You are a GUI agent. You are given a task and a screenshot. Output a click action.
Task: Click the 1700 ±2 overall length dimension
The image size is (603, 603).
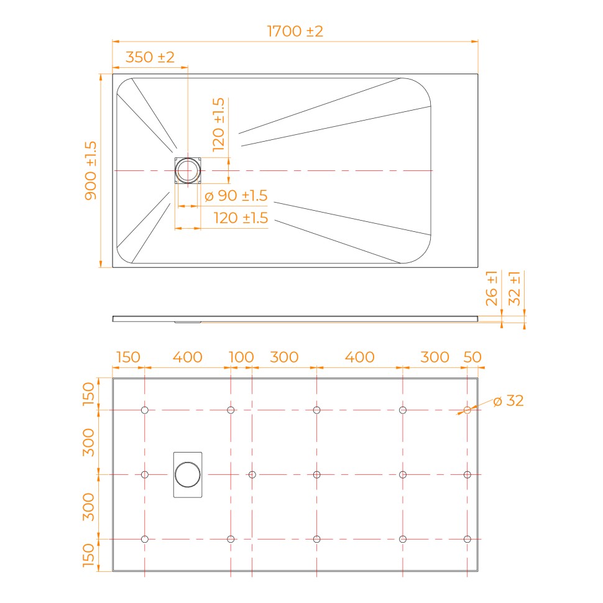[x=295, y=31]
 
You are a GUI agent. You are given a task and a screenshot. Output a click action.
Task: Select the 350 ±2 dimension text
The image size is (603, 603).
[x=150, y=57]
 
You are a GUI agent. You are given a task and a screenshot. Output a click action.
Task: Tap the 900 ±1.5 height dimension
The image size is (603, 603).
[x=91, y=170]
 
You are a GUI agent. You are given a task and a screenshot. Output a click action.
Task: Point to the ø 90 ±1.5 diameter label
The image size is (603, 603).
[x=236, y=196]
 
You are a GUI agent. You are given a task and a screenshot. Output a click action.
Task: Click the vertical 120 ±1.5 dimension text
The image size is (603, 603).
[x=218, y=124]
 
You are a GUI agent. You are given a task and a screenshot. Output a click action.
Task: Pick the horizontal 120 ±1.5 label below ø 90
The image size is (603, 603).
[x=241, y=218]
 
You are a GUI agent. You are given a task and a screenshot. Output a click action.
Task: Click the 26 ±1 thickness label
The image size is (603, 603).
[x=492, y=288]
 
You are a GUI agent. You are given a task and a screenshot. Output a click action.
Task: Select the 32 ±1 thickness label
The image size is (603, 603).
[x=514, y=288]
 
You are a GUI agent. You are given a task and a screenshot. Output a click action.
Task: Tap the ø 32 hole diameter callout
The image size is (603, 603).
[x=509, y=401]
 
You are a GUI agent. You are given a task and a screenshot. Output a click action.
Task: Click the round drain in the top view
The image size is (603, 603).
[x=188, y=170]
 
